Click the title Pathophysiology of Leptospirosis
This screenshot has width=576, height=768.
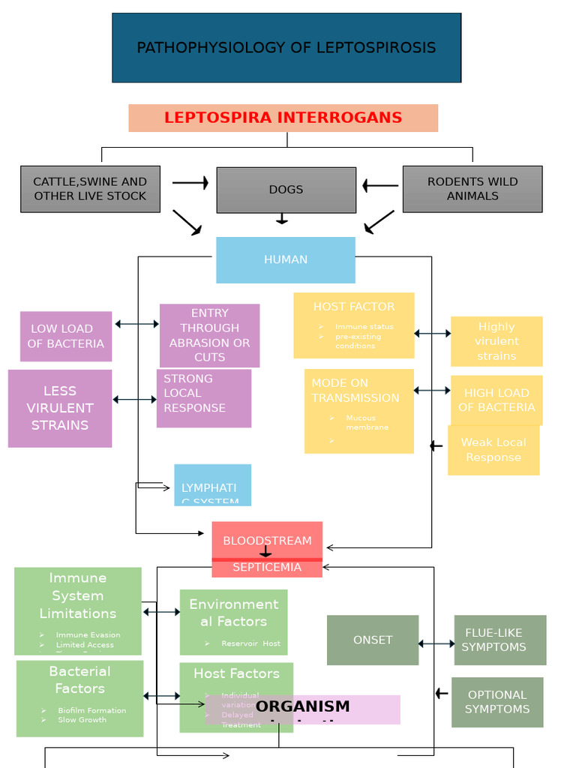[x=286, y=48]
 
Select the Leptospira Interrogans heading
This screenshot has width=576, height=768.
[x=283, y=118]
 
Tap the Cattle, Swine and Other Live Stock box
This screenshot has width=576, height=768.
[x=90, y=189]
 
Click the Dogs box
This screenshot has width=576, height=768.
[x=286, y=190]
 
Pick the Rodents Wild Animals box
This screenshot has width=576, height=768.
[x=472, y=189]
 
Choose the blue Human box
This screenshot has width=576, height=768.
[x=285, y=259]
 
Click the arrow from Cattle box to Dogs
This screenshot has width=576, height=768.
[x=190, y=182]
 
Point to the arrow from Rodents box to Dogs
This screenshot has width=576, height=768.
[x=380, y=185]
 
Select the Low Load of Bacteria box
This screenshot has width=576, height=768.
[x=66, y=336]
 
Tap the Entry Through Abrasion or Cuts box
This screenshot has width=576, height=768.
[x=209, y=335]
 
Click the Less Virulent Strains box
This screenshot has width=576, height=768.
[x=60, y=408]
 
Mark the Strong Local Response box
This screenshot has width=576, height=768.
[x=203, y=397]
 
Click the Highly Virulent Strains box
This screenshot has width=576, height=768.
[x=496, y=341]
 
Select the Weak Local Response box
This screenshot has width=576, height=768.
[x=493, y=450]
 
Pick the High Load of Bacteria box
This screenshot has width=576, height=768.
[x=496, y=400]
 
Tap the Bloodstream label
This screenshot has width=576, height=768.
[x=267, y=540]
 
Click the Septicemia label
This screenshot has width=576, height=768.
[x=267, y=568]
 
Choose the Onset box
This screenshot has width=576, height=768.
[x=373, y=640]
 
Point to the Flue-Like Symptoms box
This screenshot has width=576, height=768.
[x=499, y=640]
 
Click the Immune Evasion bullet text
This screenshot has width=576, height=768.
[x=88, y=634]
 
